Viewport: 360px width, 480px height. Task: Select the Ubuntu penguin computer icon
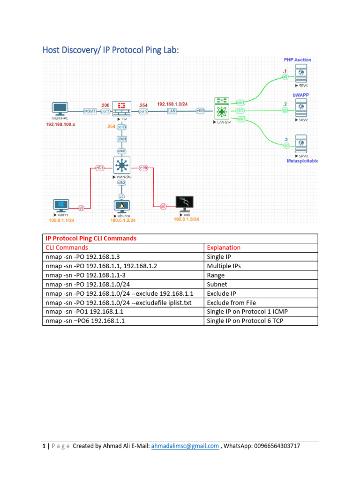pos(122,206)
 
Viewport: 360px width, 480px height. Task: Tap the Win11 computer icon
pos(61,206)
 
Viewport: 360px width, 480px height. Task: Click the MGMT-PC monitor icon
pos(60,108)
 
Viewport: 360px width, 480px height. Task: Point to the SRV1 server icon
pos(300,73)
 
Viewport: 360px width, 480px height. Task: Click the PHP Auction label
pos(297,60)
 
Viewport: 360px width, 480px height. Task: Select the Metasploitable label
pos(302,161)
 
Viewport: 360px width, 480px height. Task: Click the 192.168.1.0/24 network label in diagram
pos(173,104)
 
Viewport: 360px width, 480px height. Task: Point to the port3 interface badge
pos(122,127)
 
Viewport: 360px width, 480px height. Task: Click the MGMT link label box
pos(90,111)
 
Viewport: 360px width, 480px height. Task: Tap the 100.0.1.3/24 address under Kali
pos(186,219)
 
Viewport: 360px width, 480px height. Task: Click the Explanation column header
pos(224,247)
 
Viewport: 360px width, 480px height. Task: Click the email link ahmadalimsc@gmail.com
pos(185,446)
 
